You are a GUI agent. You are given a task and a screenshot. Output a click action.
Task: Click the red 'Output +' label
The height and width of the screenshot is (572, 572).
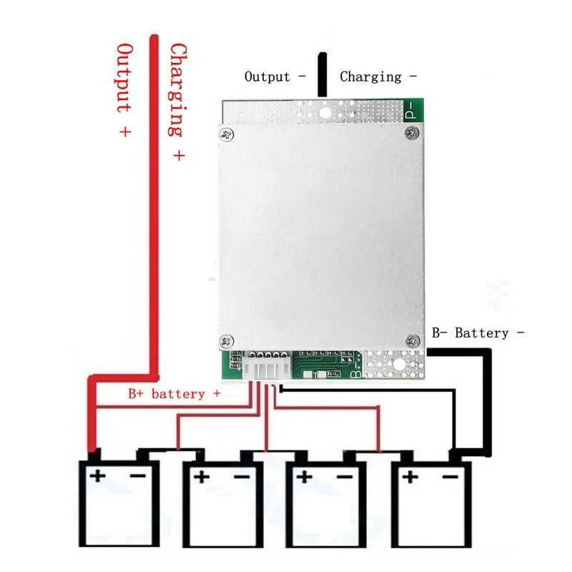(x=124, y=90)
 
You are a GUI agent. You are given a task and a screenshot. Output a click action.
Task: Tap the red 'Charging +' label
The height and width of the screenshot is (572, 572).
(x=178, y=102)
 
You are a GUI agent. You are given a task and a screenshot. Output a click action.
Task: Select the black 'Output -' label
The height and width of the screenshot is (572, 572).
(x=275, y=77)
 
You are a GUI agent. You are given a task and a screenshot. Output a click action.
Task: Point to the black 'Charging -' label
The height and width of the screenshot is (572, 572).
(x=378, y=77)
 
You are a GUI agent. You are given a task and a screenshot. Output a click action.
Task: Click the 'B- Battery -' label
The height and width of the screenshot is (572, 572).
(x=478, y=332)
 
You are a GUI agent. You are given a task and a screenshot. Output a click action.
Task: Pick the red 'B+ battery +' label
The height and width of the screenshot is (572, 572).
(x=174, y=394)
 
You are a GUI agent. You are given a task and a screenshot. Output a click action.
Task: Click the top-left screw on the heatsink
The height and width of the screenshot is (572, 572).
(x=227, y=134)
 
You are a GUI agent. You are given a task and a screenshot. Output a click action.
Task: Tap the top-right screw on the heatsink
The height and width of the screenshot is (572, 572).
(x=413, y=132)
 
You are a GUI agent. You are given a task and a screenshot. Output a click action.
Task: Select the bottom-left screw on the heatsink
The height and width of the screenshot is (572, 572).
(x=227, y=342)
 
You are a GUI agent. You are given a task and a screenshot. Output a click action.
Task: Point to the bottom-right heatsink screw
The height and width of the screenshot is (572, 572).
(x=413, y=342)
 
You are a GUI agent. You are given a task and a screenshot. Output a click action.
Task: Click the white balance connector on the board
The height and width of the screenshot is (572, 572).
(x=267, y=368)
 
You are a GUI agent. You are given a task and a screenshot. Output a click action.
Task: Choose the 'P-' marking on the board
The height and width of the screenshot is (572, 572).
(x=410, y=110)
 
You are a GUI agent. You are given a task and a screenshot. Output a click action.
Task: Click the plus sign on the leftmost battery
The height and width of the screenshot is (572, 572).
(x=97, y=475)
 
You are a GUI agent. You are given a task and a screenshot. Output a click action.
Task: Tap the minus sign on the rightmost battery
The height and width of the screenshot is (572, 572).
(x=450, y=477)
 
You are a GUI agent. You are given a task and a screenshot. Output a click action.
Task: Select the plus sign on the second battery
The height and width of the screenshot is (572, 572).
(x=202, y=477)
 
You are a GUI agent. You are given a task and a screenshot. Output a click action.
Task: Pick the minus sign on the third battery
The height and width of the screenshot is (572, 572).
(x=345, y=477)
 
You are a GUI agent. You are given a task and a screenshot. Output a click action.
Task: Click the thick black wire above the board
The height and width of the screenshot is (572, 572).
(x=322, y=75)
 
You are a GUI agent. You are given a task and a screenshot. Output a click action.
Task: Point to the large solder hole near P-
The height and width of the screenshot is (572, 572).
(x=325, y=113)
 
